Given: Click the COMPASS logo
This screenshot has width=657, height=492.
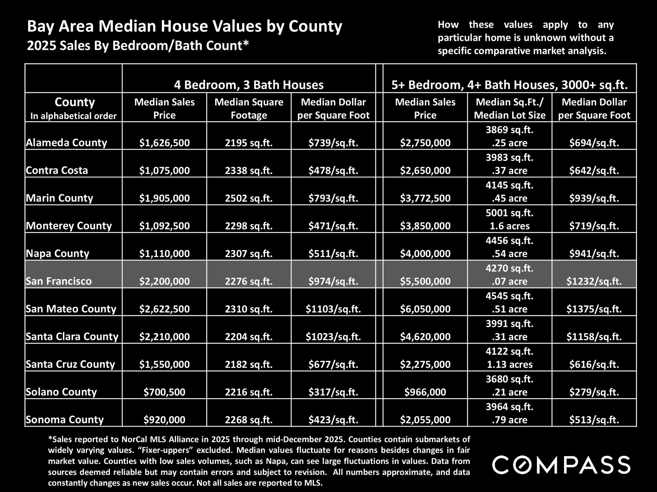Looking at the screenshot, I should (561, 465).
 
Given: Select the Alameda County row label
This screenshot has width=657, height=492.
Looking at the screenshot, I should (66, 142).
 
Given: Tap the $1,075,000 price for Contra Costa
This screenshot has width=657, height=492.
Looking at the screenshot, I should (164, 170).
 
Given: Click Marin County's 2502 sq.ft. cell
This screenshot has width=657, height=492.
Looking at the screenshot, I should (249, 198).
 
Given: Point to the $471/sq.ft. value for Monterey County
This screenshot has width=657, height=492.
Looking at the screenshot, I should (333, 226).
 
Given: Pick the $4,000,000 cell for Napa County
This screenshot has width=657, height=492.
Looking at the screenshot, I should (425, 254).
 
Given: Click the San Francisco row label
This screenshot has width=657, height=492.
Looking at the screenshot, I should (59, 281).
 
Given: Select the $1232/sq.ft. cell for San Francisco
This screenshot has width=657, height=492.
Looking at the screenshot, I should (594, 281).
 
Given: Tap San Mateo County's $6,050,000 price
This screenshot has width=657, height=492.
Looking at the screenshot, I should (425, 309).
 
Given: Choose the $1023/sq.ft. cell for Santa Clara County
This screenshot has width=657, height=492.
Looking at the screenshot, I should (333, 337).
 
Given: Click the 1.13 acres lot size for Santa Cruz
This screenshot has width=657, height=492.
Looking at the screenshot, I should (510, 365).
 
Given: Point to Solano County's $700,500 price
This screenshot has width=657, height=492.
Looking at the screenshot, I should (164, 392).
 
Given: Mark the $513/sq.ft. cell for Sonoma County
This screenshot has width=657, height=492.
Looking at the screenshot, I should (594, 420).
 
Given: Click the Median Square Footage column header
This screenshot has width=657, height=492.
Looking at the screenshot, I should (249, 108).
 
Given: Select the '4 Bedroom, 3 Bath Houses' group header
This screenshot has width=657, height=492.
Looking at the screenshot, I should (249, 85).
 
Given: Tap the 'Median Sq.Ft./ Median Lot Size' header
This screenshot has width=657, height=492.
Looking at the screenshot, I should (510, 108).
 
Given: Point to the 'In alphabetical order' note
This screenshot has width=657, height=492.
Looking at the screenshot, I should (74, 116).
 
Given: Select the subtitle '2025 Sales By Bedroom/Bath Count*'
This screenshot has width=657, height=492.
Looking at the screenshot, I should (138, 45).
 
